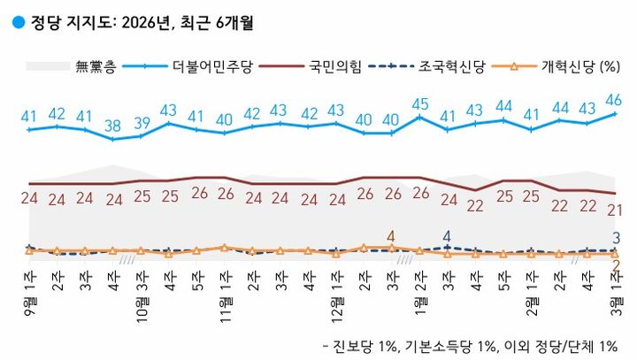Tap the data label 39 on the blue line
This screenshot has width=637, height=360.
click(140, 123)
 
